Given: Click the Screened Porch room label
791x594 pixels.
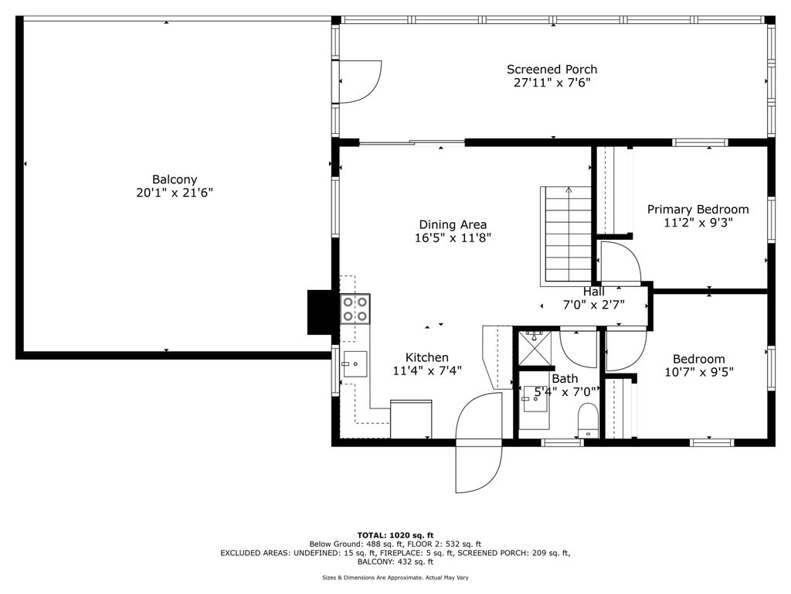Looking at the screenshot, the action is click(552, 69).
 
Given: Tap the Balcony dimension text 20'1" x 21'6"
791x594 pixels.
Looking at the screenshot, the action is click(175, 193).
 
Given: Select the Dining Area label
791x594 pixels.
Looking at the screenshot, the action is click(453, 225).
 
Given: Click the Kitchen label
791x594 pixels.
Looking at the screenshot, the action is click(426, 357).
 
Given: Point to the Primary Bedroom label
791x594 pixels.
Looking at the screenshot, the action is click(698, 209).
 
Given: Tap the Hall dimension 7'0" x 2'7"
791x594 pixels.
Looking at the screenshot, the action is click(594, 305).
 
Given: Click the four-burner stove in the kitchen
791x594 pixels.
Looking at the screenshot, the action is click(355, 309).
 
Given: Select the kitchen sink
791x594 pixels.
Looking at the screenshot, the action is click(355, 364).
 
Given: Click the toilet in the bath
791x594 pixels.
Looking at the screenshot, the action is click(588, 420).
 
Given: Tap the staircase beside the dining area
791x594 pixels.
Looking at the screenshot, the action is click(566, 234).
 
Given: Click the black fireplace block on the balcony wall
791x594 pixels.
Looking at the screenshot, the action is click(319, 312).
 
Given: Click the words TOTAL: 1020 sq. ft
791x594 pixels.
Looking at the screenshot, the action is click(395, 535).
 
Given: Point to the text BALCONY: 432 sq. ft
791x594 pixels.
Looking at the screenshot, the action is click(395, 562).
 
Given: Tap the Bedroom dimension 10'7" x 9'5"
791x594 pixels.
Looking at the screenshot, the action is click(699, 372).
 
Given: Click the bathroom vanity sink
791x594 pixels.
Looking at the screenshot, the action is click(535, 399).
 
